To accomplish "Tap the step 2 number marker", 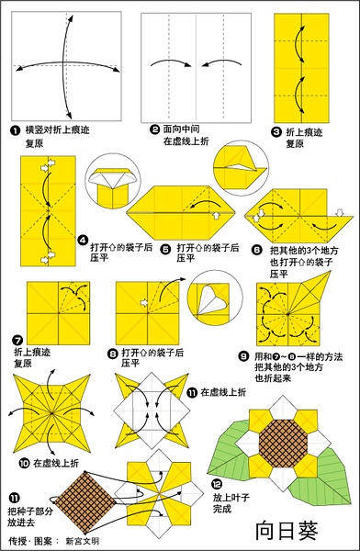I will [154, 131].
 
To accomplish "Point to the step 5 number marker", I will [166, 247].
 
